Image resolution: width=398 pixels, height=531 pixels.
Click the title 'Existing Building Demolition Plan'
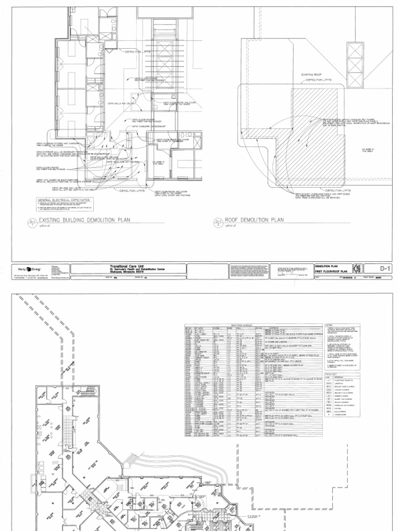click(83, 220)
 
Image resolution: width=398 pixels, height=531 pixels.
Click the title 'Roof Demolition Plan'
click(254, 220)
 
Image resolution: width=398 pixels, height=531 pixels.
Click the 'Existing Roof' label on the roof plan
click(311, 75)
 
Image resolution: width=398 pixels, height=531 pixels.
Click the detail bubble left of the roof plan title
click(219, 223)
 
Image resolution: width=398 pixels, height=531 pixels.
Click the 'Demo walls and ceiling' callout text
click(118, 104)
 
